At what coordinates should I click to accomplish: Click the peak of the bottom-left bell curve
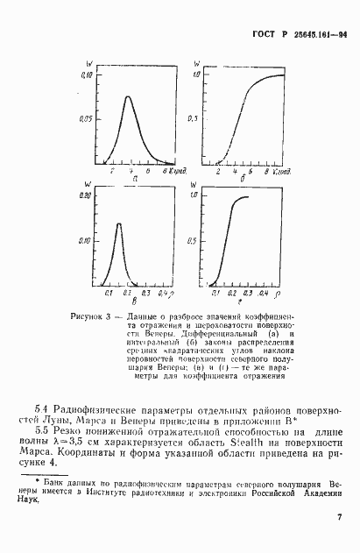click(119, 224)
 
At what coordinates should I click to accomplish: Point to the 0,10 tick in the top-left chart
click(87, 76)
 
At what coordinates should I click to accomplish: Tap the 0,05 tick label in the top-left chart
click(86, 117)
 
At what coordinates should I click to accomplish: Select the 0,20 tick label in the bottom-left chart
click(86, 197)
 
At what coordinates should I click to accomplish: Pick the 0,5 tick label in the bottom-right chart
click(197, 241)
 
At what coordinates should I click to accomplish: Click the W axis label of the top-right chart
click(197, 63)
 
